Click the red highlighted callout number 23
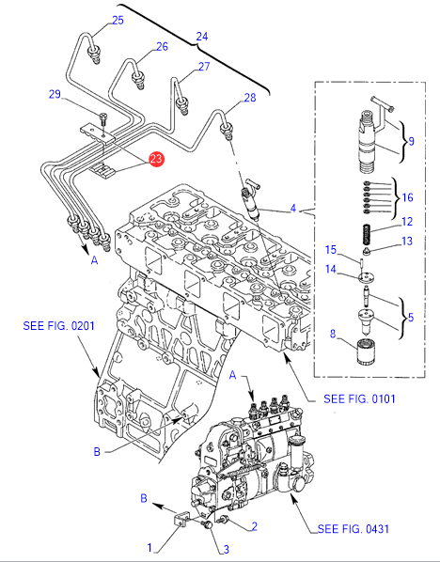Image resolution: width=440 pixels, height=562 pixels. tap(156, 159)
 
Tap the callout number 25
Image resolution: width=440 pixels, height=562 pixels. tap(118, 21)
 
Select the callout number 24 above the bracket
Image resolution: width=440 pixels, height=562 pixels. tap(201, 37)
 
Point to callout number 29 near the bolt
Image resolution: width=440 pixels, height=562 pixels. tap(55, 95)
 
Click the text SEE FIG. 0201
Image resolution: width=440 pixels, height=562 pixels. tap(59, 326)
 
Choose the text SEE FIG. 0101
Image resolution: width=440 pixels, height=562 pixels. tap(359, 398)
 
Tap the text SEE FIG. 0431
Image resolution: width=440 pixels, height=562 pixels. tap(354, 529)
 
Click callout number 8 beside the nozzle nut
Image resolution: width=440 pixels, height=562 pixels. tap(333, 334)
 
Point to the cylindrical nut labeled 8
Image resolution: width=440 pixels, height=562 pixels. tap(366, 352)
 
